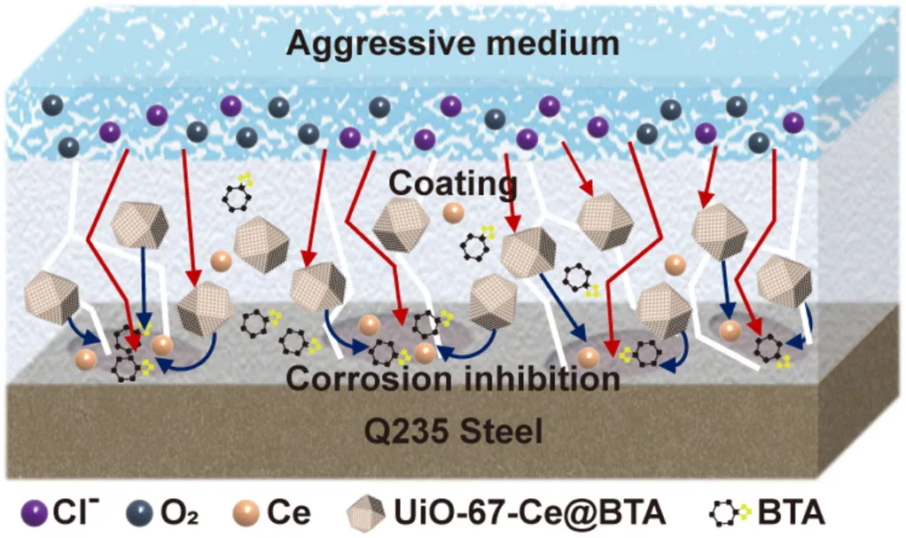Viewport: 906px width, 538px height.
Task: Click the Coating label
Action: click(453, 184)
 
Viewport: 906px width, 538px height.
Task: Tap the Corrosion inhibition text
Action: click(453, 379)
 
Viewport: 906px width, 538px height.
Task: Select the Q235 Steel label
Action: click(452, 432)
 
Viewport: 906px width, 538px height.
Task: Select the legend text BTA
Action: click(792, 511)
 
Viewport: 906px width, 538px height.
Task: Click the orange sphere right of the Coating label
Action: click(453, 213)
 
